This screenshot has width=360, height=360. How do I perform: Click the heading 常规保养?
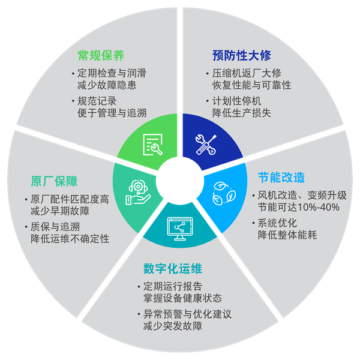[x=101, y=56]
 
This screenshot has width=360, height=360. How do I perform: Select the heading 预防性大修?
[x=242, y=56]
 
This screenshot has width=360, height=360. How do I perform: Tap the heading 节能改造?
[x=281, y=178]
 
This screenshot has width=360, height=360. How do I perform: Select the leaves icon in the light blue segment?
[x=221, y=191]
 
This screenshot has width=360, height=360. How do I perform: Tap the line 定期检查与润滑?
[x=112, y=73]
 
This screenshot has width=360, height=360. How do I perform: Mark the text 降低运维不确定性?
[x=70, y=239]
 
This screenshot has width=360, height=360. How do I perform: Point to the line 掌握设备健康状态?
[x=179, y=298]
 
